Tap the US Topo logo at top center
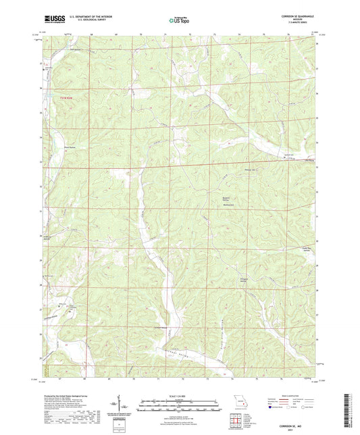(x=178, y=20)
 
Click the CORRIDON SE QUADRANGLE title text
(x=297, y=16)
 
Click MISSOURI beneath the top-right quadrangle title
(x=297, y=19)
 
